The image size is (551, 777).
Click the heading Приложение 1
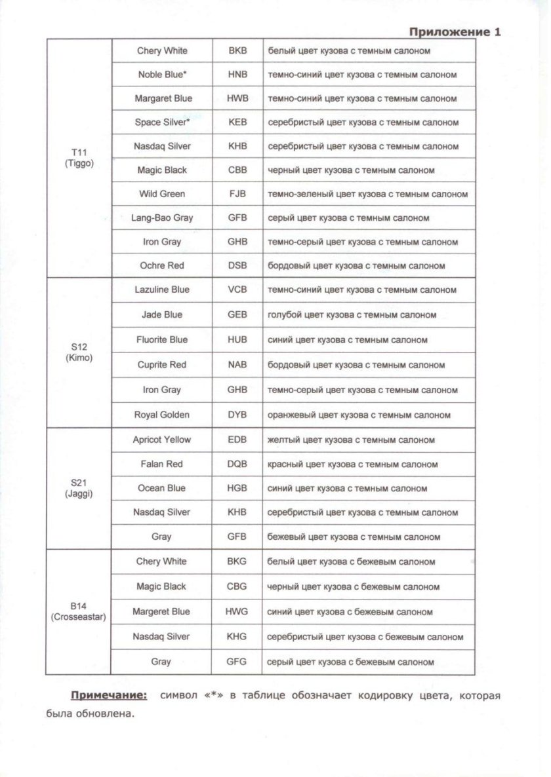coord(455,31)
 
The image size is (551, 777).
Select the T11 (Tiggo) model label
coord(79,158)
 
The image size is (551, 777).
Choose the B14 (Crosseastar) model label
coord(79,611)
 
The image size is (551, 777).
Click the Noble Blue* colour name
coord(162,75)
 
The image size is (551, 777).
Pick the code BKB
coord(237,50)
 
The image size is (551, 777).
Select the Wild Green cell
coord(162,194)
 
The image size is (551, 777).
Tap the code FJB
coord(237,194)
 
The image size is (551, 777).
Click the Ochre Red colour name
coord(162,265)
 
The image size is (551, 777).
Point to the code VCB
coord(237,290)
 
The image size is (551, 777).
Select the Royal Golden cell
coord(162,415)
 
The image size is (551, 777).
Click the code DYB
coord(237,415)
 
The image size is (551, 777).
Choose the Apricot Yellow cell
coord(162,440)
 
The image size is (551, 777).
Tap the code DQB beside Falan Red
coord(237,464)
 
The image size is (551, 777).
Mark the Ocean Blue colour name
coord(162,488)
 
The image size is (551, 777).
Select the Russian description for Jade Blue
coord(352,314)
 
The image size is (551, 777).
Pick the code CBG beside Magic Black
coord(237,586)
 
